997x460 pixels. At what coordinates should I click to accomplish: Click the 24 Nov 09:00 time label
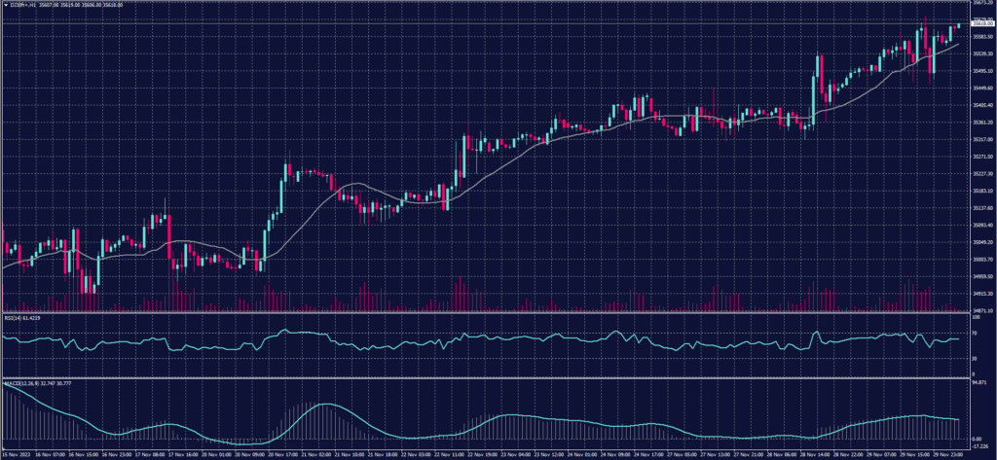(x=615, y=453)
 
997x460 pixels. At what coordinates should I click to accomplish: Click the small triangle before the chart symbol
(x=5, y=5)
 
